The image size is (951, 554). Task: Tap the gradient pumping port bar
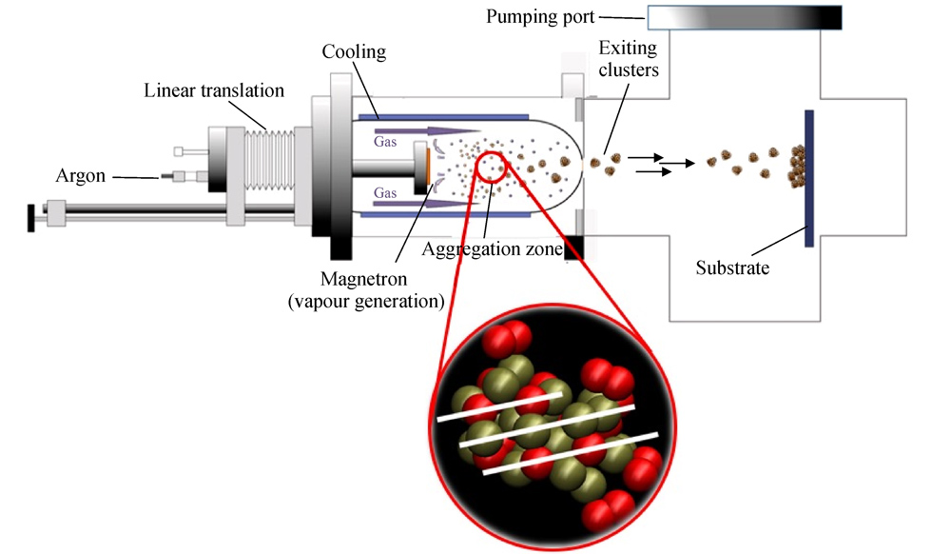[x=745, y=17]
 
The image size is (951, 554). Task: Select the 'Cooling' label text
[x=354, y=51]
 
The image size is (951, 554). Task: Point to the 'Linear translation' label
[x=214, y=91]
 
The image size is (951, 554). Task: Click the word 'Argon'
[x=81, y=177]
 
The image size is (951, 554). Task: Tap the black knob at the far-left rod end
[x=31, y=217]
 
